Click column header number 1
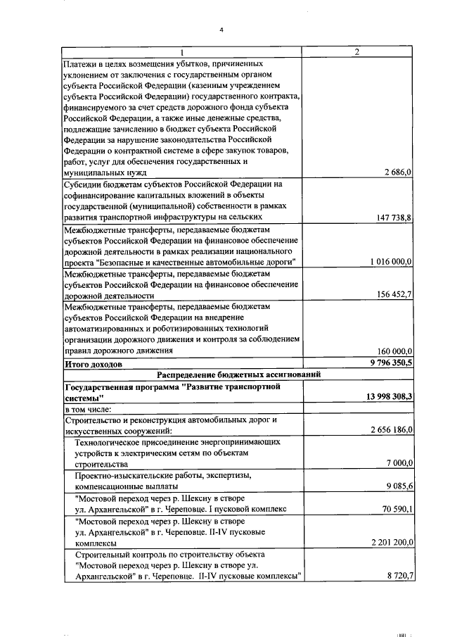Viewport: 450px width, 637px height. click(182, 53)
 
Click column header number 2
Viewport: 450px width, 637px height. click(357, 53)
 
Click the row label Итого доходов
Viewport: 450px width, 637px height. click(94, 364)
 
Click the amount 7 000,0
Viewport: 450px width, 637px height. click(399, 463)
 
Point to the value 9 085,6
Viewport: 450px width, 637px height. click(399, 486)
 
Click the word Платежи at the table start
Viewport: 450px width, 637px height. click(79, 63)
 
